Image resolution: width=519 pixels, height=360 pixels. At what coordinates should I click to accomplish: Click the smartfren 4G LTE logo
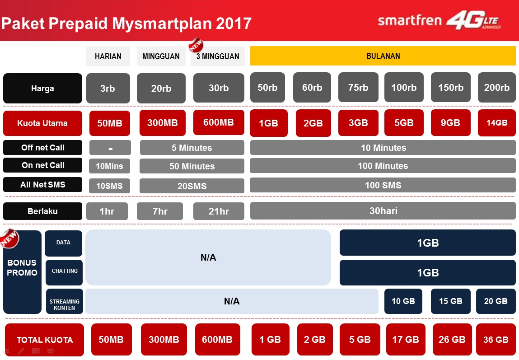pyautogui.click(x=439, y=21)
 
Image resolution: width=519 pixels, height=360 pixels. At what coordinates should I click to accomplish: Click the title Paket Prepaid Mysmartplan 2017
pyautogui.click(x=126, y=23)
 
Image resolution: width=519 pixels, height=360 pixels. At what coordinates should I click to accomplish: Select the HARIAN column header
pyautogui.click(x=108, y=56)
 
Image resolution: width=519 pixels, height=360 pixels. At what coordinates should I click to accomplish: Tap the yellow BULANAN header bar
pyautogui.click(x=383, y=56)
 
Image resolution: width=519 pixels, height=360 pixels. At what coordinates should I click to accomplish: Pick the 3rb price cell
pyautogui.click(x=108, y=88)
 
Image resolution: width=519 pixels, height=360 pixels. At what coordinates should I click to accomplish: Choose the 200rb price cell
pyautogui.click(x=496, y=88)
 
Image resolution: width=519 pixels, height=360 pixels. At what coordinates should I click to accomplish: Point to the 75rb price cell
pyautogui.click(x=358, y=88)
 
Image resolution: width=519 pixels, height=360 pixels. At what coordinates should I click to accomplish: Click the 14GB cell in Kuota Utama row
pyautogui.click(x=496, y=122)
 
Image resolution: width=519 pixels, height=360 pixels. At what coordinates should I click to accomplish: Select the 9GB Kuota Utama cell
pyautogui.click(x=450, y=122)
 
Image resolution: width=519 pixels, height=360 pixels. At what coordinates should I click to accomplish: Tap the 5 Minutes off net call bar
pyautogui.click(x=192, y=148)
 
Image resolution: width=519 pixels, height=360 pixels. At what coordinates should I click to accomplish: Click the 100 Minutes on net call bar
pyautogui.click(x=383, y=166)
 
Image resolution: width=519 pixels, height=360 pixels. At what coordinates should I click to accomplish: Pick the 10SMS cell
pyautogui.click(x=109, y=186)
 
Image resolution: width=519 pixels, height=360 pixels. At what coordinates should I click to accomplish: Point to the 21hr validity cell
pyautogui.click(x=219, y=211)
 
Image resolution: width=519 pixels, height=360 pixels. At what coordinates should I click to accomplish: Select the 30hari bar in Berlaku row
pyautogui.click(x=383, y=211)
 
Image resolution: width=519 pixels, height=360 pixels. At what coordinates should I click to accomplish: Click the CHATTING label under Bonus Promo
pyautogui.click(x=64, y=271)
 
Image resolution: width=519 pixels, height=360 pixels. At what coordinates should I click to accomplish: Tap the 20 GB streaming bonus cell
pyautogui.click(x=496, y=301)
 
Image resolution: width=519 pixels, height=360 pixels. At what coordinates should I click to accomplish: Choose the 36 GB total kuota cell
pyautogui.click(x=496, y=340)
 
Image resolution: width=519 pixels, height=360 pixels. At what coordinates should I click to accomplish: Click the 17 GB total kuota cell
pyautogui.click(x=405, y=340)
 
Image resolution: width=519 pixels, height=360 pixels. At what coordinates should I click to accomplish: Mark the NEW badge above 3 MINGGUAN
pyautogui.click(x=196, y=45)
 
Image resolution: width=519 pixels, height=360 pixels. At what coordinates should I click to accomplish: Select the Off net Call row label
pyautogui.click(x=42, y=148)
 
